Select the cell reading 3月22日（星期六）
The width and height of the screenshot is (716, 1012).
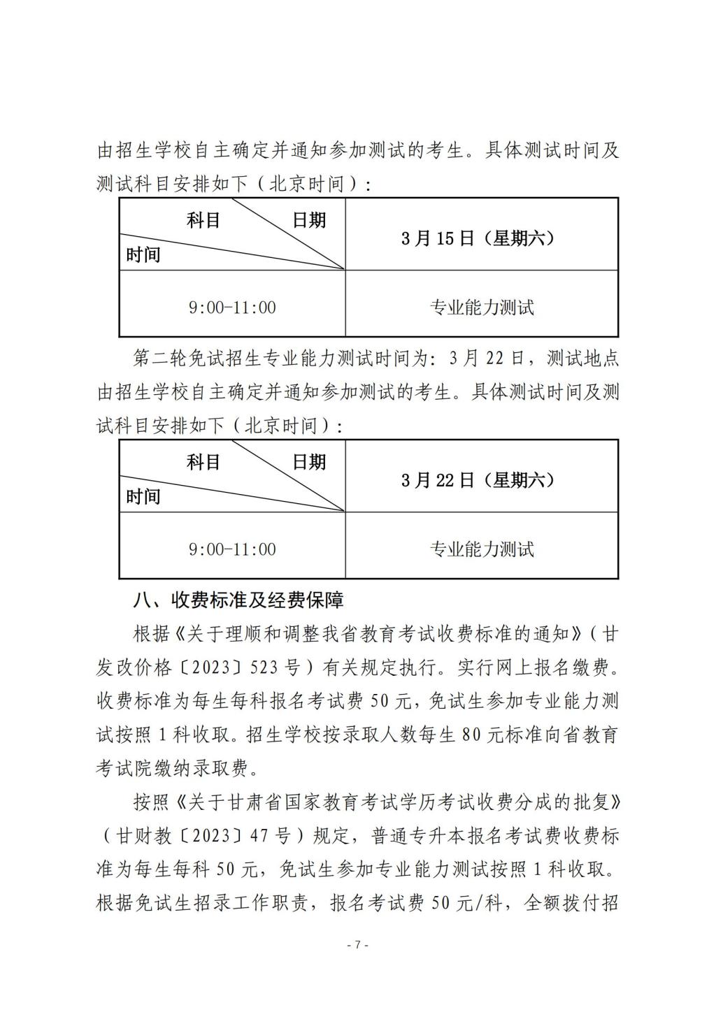click(481, 481)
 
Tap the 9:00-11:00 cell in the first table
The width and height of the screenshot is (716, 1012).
click(232, 308)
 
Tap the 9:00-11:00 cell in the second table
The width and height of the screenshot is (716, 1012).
click(232, 549)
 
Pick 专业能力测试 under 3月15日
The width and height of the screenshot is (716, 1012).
click(481, 308)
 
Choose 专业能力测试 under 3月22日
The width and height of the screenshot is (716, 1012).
click(481, 549)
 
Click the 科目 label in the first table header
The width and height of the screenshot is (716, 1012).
click(203, 221)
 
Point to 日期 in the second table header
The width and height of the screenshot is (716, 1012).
click(308, 463)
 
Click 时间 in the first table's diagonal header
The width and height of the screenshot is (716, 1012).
click(143, 255)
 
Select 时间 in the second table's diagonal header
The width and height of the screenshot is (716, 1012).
click(143, 497)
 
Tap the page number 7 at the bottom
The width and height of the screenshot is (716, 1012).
click(357, 945)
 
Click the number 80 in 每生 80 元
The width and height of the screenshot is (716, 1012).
click(474, 735)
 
